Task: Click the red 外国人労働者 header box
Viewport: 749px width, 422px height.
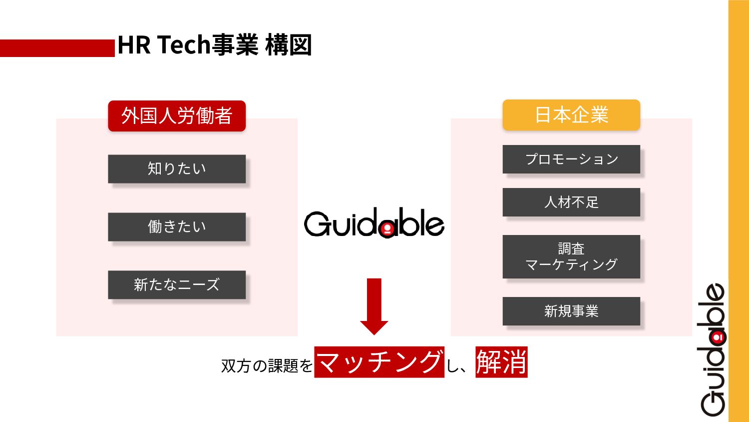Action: point(177,116)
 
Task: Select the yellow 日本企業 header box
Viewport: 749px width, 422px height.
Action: point(571,115)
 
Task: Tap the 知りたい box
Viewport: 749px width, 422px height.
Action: point(177,169)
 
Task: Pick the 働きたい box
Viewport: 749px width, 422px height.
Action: point(177,227)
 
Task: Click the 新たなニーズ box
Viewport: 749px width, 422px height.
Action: point(177,285)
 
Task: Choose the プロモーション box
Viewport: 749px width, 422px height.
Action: point(571,159)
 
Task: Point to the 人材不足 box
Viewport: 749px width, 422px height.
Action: point(571,202)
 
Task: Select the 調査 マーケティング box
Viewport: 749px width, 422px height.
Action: point(571,256)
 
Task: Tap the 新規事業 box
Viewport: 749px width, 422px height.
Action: point(571,311)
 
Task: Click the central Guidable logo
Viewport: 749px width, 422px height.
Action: point(374,223)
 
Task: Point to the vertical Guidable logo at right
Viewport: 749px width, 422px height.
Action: point(712,349)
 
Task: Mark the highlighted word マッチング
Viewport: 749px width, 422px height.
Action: point(379,362)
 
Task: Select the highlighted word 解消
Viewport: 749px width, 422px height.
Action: point(501,362)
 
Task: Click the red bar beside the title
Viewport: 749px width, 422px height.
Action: point(57,48)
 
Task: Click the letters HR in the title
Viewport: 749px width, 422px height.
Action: point(134,45)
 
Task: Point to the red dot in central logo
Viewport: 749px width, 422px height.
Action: point(386,230)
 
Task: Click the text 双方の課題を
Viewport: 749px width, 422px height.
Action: point(267,366)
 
